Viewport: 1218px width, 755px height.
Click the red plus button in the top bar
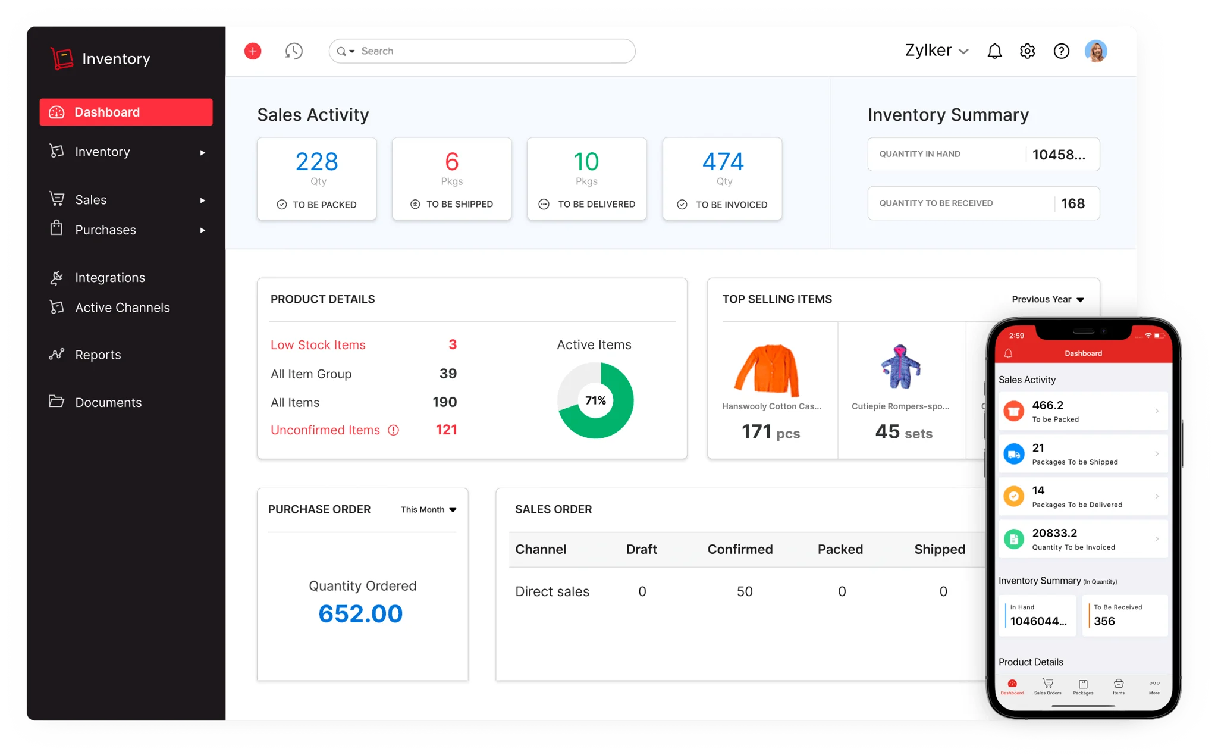[x=253, y=51]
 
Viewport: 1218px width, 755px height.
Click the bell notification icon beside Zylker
[x=994, y=51]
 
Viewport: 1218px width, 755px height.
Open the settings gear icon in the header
[x=1027, y=51]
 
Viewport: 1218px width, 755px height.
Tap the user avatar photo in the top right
[x=1095, y=51]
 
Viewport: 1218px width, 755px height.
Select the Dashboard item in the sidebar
[x=126, y=112]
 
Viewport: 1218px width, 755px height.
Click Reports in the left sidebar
[x=98, y=355]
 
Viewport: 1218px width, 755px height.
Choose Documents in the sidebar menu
[x=108, y=402]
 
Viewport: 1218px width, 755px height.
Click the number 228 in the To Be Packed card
[x=317, y=161]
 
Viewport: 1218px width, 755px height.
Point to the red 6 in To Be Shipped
[x=452, y=161]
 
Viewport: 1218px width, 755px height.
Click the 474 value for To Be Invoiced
[x=723, y=161]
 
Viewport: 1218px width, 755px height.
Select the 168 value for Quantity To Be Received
[x=1073, y=203]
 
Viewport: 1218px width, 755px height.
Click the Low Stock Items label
[x=318, y=345]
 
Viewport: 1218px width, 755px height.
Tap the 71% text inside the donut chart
[x=595, y=400]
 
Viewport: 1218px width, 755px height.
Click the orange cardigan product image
[x=767, y=369]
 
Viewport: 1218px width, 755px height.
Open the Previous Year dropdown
[x=1048, y=299]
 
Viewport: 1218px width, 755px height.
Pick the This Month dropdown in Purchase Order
[x=428, y=510]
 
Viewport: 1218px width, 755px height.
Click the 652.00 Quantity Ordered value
[x=360, y=613]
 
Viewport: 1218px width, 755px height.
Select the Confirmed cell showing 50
[x=745, y=591]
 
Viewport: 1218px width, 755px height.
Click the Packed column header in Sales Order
[x=840, y=549]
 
